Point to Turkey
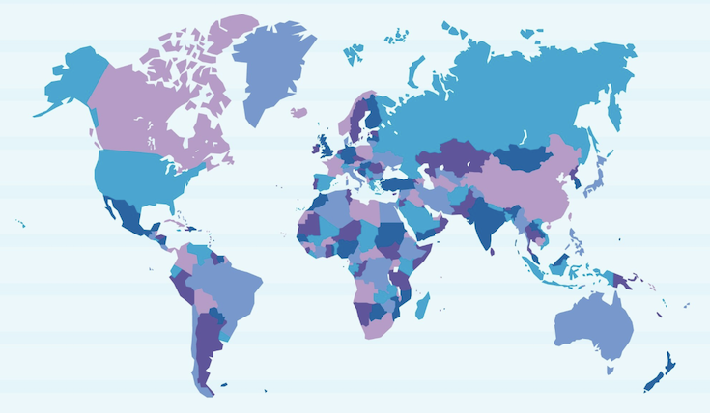pos(396,182)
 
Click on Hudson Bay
pos(182,123)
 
